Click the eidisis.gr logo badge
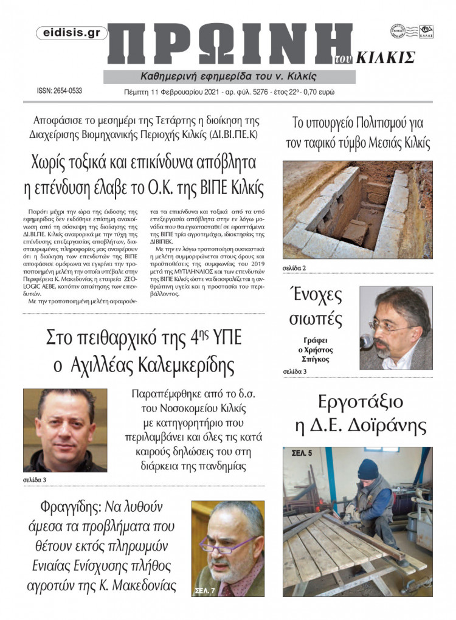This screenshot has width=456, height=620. pos(72,33)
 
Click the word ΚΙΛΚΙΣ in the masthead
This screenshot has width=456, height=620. pos(389,58)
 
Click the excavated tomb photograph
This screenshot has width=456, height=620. pos(358,209)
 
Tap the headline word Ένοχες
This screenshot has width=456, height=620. pos(317,296)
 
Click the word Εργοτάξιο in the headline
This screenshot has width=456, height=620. pos(358,402)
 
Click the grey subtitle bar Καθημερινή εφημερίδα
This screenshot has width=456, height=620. pos(229,77)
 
